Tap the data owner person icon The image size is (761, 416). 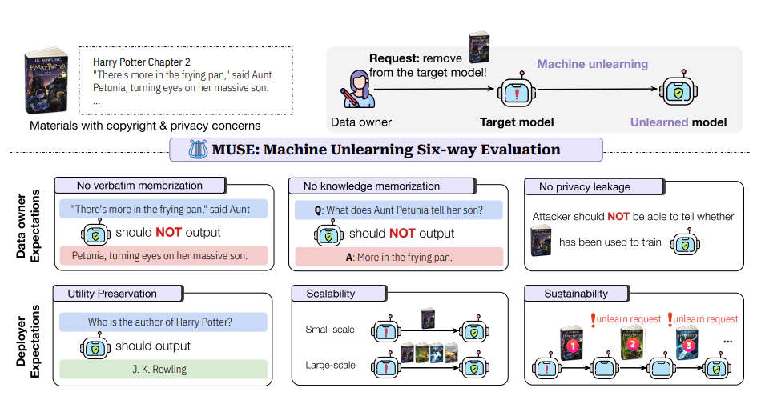[x=357, y=91]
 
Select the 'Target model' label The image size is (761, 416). [x=517, y=122]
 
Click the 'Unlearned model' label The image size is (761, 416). [x=678, y=122]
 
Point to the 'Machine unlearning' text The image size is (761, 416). [x=592, y=64]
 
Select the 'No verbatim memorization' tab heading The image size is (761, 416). [x=139, y=186]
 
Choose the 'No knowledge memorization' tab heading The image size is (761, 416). [x=371, y=186]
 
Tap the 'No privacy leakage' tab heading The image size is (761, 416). [x=584, y=187]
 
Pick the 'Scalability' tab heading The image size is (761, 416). [x=330, y=294]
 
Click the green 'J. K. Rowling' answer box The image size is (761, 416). [x=159, y=370]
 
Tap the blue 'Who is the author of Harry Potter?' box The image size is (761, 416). [x=160, y=322]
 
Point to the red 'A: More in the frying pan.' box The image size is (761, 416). [x=399, y=257]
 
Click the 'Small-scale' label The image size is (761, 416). [x=329, y=330]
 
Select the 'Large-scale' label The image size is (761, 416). [x=329, y=366]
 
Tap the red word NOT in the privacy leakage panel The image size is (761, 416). [x=618, y=216]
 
